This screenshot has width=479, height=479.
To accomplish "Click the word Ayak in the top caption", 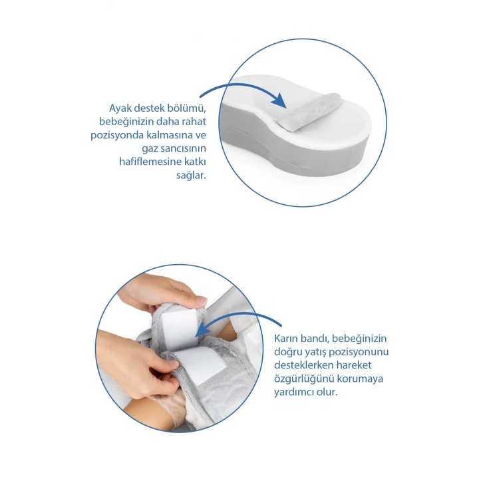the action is pyautogui.click(x=120, y=108).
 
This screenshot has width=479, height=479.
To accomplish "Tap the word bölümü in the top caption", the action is pyautogui.click(x=187, y=108).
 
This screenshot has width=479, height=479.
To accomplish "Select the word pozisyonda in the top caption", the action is pyautogui.click(x=117, y=135).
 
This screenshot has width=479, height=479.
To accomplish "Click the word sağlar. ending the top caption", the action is pyautogui.click(x=191, y=176).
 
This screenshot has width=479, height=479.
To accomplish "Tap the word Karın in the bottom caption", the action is pyautogui.click(x=286, y=339).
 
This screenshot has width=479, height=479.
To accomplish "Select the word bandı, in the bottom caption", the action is pyautogui.click(x=315, y=339).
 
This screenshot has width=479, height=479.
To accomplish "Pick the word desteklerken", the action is pyautogui.click(x=303, y=365).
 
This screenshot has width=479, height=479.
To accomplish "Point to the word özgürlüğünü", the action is pyautogui.click(x=303, y=379).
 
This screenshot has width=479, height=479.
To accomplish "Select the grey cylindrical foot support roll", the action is pyautogui.click(x=308, y=112).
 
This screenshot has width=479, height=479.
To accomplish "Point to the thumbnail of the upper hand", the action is pyautogui.click(x=202, y=300).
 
